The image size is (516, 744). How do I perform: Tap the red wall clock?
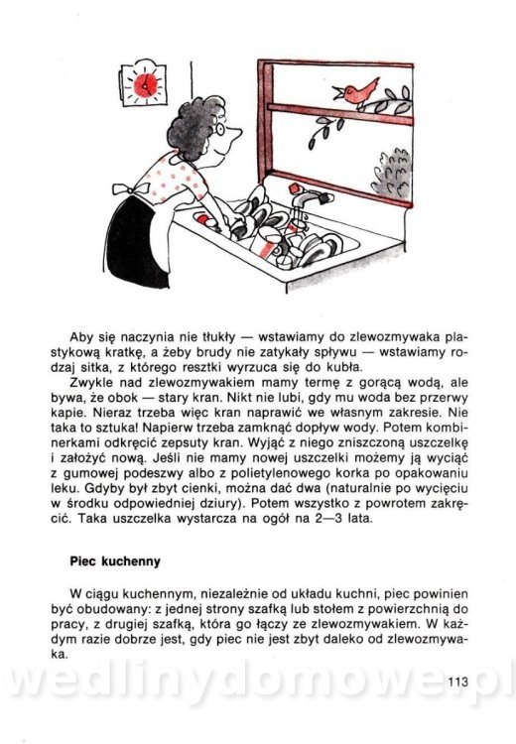point(144,83)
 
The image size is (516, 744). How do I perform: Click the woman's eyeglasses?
point(219,128)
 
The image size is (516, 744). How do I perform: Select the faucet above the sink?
point(308,199)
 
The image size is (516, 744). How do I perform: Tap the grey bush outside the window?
point(391,174)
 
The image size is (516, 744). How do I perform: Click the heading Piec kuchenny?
point(115,561)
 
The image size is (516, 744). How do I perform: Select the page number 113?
point(457,682)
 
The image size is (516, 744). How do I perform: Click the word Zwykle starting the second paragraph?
point(90,383)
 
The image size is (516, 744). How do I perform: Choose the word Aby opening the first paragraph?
point(81,338)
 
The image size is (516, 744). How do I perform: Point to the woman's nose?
point(236,132)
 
